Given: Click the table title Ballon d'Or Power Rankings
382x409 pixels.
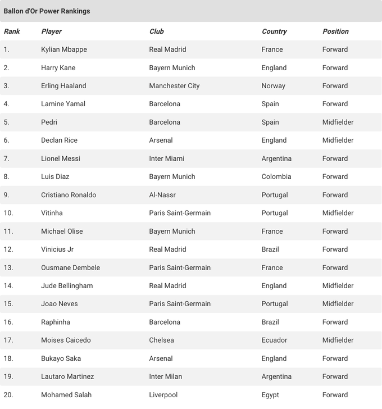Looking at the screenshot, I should tap(47, 11).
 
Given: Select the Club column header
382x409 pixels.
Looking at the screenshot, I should tap(157, 31).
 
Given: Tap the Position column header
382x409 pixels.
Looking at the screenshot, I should tap(335, 31).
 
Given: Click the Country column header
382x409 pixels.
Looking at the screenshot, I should tap(274, 31).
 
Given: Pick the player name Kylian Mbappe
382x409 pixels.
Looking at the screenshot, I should tap(64, 49).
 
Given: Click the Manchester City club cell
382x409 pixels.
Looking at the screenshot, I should tap(174, 86).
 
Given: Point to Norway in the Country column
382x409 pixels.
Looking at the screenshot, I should tap(274, 86).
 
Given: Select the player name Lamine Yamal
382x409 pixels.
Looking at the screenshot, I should tap(63, 104).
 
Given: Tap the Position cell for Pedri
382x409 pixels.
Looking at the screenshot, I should tap(338, 122).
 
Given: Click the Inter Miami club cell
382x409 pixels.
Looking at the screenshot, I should tap(167, 158).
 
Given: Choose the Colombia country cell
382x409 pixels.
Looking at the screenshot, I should tap(276, 176).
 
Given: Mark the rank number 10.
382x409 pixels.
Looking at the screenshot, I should tap(8, 213).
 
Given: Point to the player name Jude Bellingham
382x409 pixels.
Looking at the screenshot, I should tap(67, 285).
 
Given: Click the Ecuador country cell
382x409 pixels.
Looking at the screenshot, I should tap(275, 340).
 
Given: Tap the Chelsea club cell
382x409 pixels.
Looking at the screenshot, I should tap(162, 340).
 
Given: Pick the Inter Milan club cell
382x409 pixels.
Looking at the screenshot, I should tap(166, 376).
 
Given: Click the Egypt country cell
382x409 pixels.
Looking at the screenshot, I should tap(270, 394).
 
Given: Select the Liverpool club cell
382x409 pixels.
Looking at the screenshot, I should tap(163, 394).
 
